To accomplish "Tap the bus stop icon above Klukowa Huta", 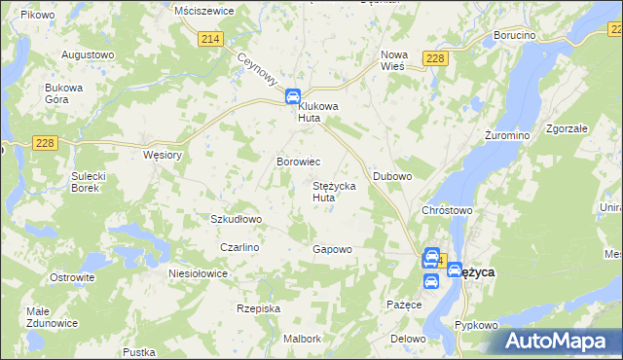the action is [292, 97].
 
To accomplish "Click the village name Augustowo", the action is [89, 54].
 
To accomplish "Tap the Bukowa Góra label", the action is [65, 93].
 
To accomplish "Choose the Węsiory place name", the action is [163, 154].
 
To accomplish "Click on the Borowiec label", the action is [298, 161].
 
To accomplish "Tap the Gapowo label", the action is [332, 249].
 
